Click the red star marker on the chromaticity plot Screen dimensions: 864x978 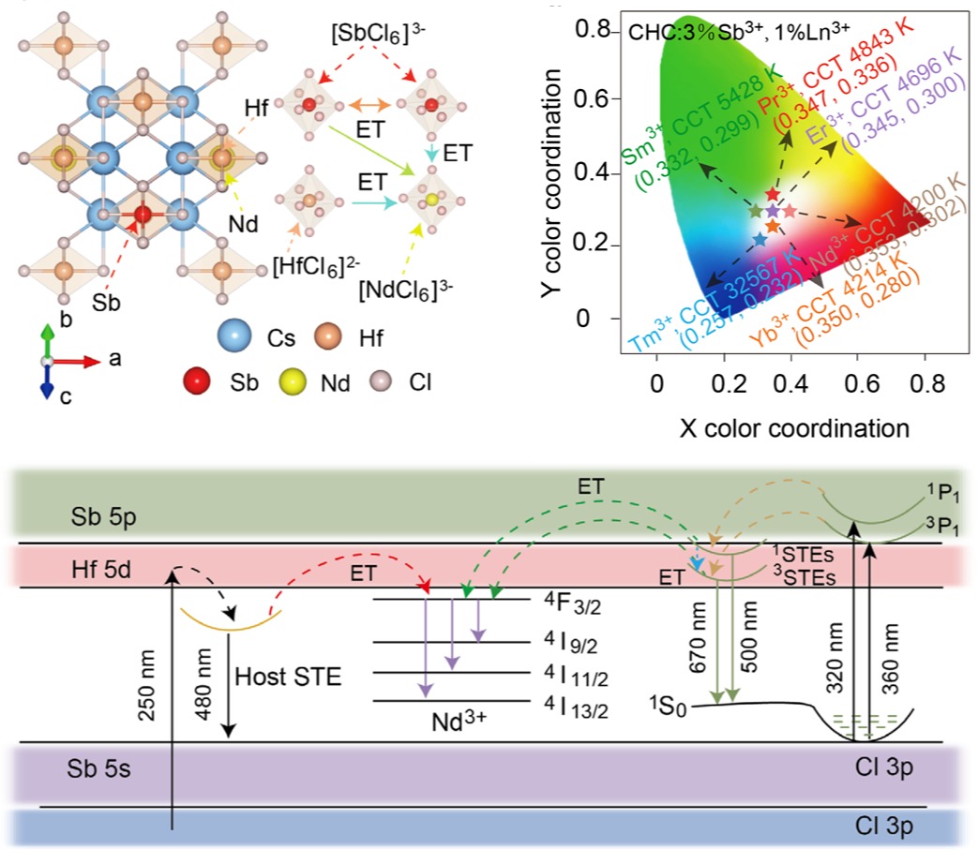(772, 195)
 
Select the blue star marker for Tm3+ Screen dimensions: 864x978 (760, 240)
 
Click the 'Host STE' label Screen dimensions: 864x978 (276, 676)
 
